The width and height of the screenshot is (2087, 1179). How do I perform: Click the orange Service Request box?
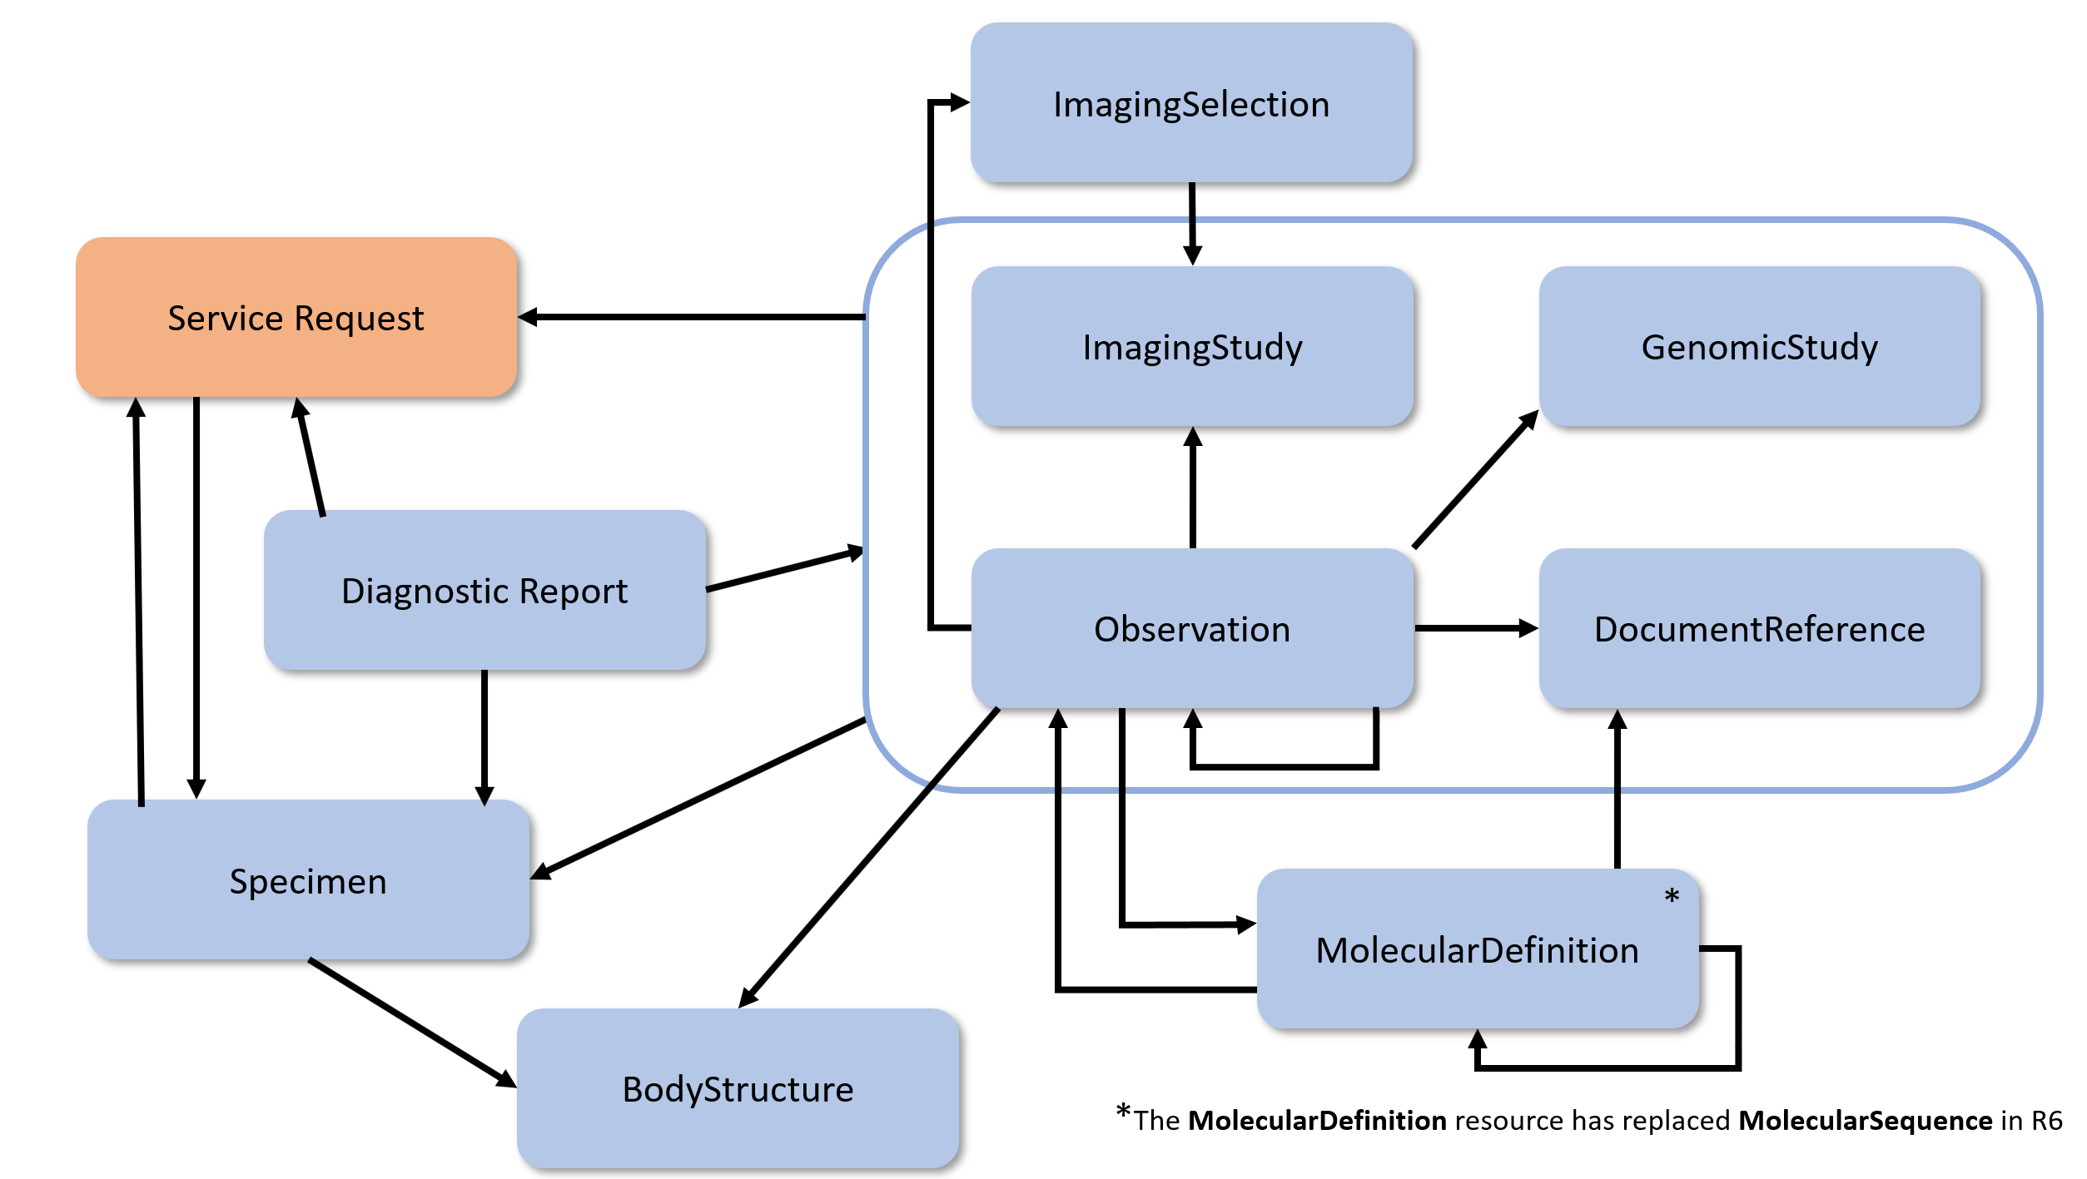tap(296, 317)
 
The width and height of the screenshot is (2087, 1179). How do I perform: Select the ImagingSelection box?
tap(1191, 103)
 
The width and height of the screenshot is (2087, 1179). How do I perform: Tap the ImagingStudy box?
tap(1192, 346)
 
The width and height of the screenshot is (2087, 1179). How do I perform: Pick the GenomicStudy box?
tap(1759, 346)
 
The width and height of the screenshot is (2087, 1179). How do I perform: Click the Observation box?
tap(1192, 628)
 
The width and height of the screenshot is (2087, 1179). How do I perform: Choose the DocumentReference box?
tap(1759, 628)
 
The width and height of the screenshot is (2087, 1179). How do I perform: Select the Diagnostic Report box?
tap(484, 590)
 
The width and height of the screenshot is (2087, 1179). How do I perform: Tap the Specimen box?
tap(308, 880)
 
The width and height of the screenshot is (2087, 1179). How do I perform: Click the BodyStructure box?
tap(738, 1088)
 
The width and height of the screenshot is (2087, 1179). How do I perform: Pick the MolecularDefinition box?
tap(1477, 949)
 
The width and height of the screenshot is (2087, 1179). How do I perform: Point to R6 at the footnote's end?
tap(2046, 1120)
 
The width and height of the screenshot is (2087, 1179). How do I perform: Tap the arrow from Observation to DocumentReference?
tap(1475, 628)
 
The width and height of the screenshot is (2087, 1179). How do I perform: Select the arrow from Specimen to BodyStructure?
tap(412, 1023)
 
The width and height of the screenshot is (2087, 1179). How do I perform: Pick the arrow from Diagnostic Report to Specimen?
tap(484, 736)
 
